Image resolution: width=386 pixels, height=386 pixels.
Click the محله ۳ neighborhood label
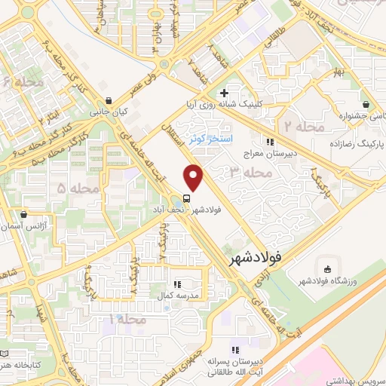pyautogui.click(x=250, y=173)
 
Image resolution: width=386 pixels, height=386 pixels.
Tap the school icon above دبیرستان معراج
pyautogui.click(x=269, y=141)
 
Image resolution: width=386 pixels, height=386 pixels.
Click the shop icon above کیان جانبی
pyautogui.click(x=109, y=100)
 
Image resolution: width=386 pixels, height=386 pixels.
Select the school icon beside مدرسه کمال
pyautogui.click(x=176, y=284)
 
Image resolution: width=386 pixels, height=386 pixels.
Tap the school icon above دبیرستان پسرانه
pyautogui.click(x=235, y=351)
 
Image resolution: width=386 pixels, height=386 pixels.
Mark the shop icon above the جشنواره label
pyautogui.click(x=366, y=105)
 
